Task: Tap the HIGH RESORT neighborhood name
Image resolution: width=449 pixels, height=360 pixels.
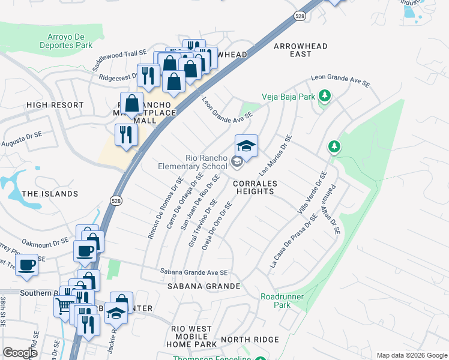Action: coord(55,105)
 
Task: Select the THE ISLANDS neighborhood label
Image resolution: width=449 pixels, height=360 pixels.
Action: coord(50,194)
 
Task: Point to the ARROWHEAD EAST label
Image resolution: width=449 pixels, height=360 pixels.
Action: coord(301,50)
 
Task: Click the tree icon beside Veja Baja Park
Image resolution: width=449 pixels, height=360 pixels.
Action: coord(325,95)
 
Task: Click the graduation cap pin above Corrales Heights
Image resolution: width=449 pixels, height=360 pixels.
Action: coord(246,146)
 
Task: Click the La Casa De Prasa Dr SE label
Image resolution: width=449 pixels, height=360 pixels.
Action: coord(293,242)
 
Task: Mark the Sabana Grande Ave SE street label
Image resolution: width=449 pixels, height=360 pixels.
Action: coord(194,272)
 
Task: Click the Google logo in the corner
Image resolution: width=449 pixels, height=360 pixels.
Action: coord(20,353)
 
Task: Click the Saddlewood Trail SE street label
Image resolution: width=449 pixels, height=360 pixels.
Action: coord(118,54)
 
